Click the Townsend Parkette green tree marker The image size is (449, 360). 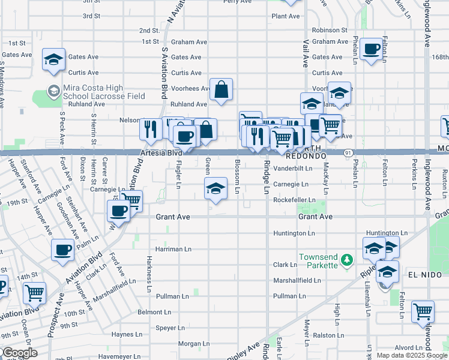(x=346, y=260)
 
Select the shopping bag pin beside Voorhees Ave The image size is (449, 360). (x=221, y=90)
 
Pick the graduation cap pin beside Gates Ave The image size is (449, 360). (x=53, y=60)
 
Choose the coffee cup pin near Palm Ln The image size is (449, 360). (x=62, y=250)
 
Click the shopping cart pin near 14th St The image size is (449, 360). (x=34, y=293)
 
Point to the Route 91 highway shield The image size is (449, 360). (x=348, y=154)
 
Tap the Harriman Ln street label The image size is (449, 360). (x=173, y=248)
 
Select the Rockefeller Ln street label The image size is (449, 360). (x=294, y=200)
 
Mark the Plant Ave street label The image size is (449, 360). (x=285, y=16)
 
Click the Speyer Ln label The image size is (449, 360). (x=170, y=328)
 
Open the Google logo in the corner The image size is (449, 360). (x=19, y=353)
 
